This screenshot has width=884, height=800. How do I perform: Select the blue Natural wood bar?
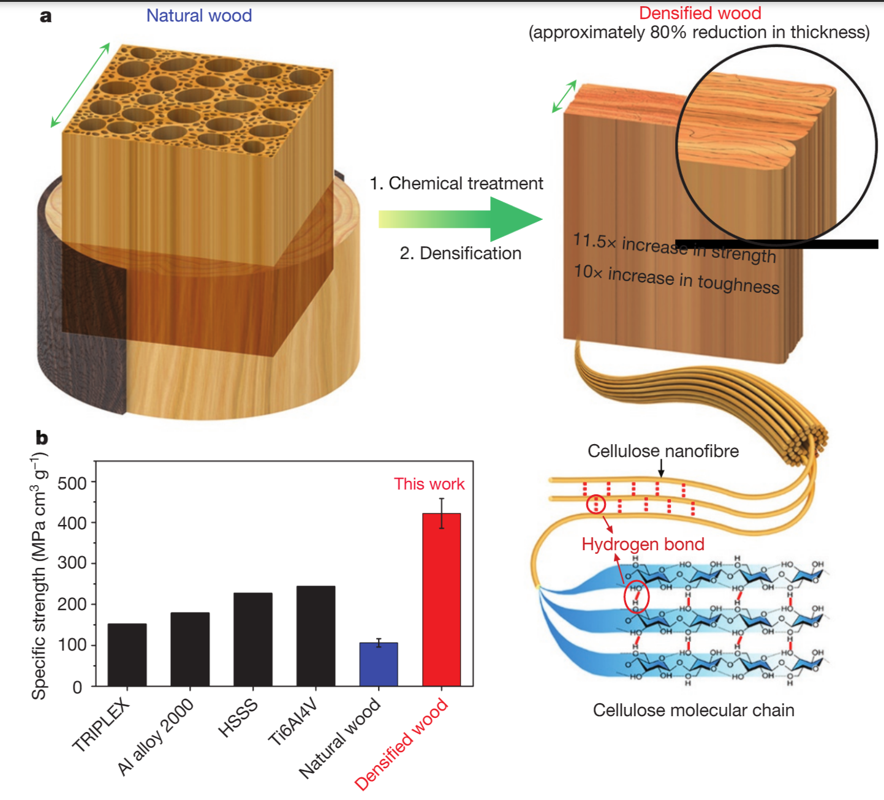pyautogui.click(x=379, y=664)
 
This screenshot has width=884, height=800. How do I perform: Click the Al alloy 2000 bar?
pyautogui.click(x=190, y=649)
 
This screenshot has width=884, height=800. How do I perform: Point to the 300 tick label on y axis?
pyautogui.click(x=72, y=563)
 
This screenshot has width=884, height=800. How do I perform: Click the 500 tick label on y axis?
pyautogui.click(x=72, y=483)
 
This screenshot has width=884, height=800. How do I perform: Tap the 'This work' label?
pyautogui.click(x=429, y=484)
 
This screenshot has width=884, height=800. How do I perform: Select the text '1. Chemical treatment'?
pyautogui.click(x=456, y=183)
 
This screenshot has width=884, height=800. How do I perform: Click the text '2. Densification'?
pyautogui.click(x=460, y=253)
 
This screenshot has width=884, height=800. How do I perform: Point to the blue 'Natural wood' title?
pyautogui.click(x=199, y=15)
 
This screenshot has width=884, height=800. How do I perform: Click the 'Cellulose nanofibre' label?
pyautogui.click(x=663, y=451)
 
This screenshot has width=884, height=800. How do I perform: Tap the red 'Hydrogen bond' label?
pyautogui.click(x=643, y=544)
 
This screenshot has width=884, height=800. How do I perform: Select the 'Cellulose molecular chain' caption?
pyautogui.click(x=693, y=710)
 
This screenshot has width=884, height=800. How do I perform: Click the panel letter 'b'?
pyautogui.click(x=42, y=437)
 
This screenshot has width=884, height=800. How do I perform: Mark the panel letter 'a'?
pyautogui.click(x=45, y=16)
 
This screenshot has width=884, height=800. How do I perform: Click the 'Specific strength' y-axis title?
pyautogui.click(x=40, y=576)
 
